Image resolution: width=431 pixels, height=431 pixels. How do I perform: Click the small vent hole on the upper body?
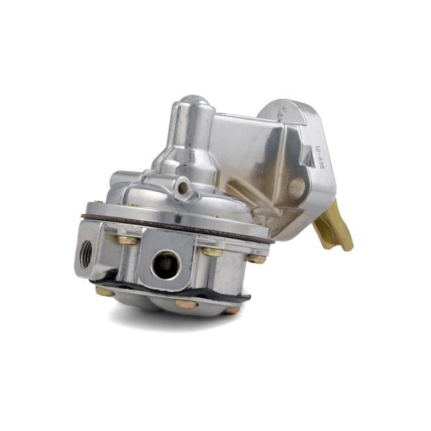182,187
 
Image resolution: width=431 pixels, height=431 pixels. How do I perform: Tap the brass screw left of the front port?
127,240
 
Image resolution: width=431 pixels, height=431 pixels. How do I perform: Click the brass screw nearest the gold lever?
257,259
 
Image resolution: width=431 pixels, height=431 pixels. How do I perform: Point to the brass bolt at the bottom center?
186,304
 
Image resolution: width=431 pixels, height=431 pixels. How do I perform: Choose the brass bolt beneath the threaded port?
106,291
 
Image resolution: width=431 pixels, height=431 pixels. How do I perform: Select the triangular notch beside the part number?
307,157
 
